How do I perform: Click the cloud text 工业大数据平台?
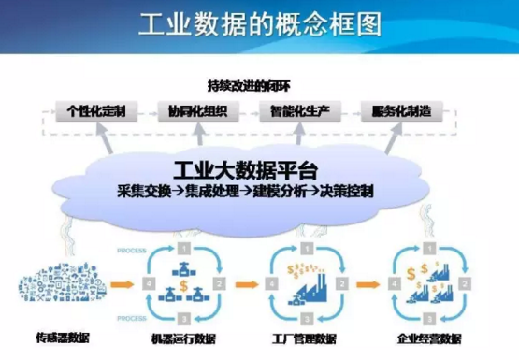[x=246, y=171]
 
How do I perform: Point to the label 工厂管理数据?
[x=304, y=334]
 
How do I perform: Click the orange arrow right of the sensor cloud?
[x=118, y=280]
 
